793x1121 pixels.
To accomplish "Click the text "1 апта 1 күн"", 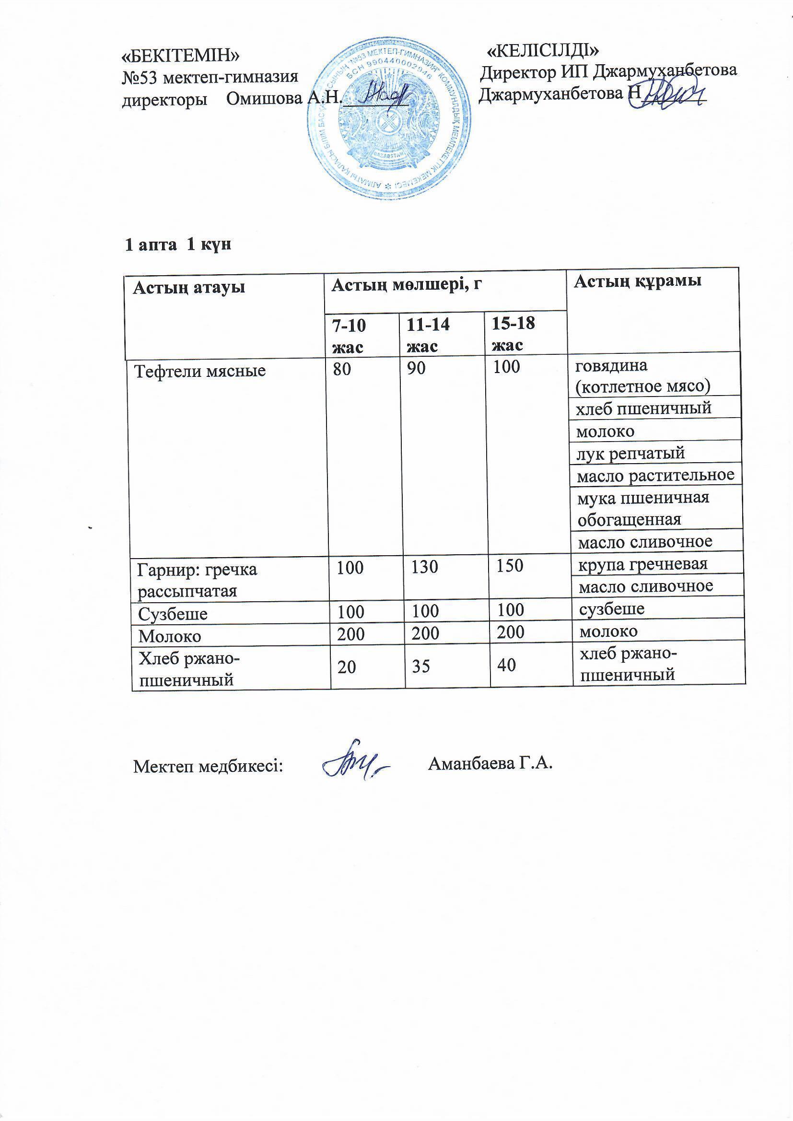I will (178, 245).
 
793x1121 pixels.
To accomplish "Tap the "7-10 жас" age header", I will (349, 336).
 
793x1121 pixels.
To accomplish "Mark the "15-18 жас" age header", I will (513, 334).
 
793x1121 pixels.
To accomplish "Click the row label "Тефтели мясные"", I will (200, 371).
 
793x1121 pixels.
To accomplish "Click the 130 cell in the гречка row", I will (425, 567).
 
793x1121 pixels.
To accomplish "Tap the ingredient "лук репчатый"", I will (631, 454).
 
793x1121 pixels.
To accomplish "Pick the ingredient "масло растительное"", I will (656, 475).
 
